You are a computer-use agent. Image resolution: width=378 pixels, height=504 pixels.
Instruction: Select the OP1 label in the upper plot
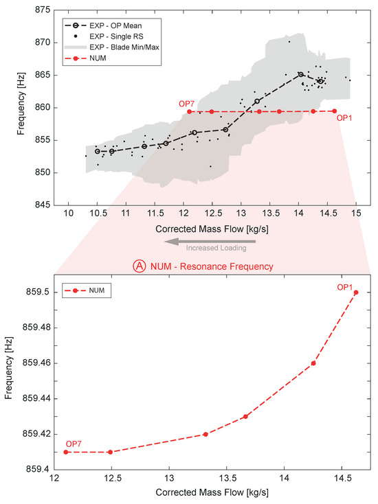[346, 118]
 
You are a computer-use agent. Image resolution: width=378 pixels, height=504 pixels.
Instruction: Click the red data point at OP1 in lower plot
[356, 293]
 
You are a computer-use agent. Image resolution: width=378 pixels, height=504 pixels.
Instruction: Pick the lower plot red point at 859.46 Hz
[313, 363]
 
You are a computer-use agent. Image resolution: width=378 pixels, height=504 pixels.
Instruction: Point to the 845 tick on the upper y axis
[42, 205]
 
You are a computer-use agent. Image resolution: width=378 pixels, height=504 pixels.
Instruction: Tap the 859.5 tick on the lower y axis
[39, 293]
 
